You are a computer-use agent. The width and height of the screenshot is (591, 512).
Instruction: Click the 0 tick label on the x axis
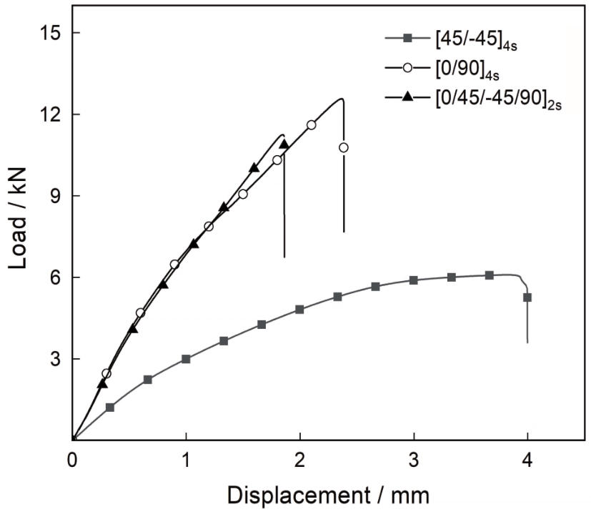73,458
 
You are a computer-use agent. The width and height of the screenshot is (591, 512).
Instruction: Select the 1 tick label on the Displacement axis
187,458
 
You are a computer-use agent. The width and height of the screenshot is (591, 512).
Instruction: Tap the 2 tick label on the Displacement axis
300,458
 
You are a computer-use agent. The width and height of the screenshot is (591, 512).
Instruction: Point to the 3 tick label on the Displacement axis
414,458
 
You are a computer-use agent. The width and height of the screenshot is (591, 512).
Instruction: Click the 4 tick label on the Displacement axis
527,458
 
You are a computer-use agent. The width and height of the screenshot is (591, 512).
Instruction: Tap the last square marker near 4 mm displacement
527,297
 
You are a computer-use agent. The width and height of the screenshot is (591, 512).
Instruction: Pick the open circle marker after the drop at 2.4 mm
344,147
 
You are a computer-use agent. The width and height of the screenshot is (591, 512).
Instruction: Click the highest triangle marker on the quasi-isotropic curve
284,144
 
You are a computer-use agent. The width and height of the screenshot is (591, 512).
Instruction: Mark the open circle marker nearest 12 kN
311,125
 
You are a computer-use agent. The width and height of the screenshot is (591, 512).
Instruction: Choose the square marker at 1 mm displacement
186,359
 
